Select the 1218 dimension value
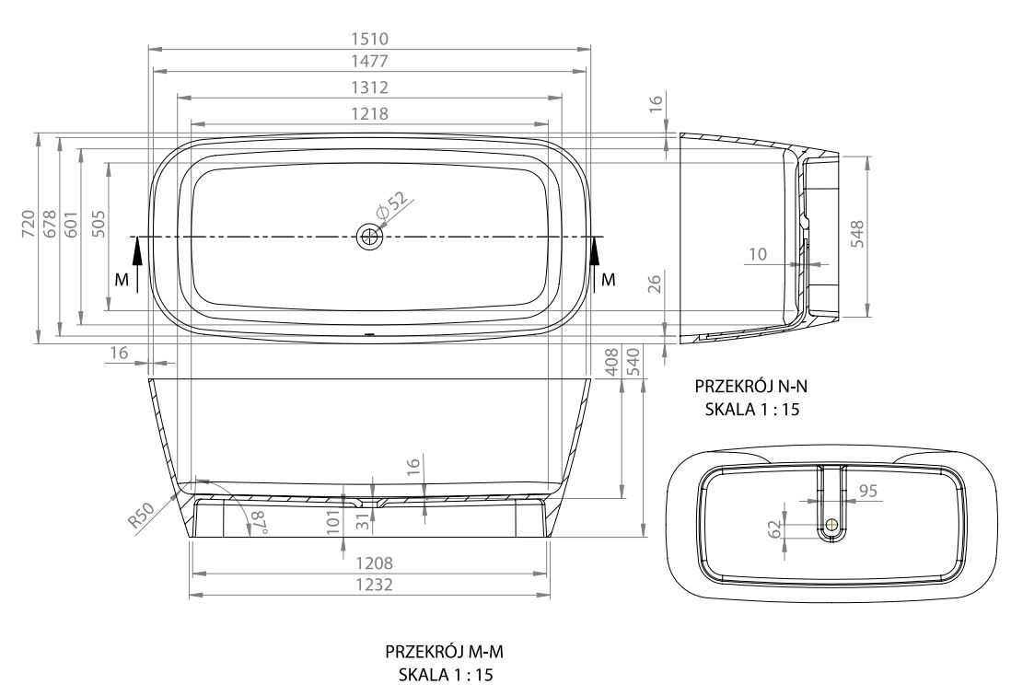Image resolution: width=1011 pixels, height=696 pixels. coord(370,113)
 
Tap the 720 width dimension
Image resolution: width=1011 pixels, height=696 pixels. coord(28,224)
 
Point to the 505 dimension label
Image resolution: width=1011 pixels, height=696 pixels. coord(98,224)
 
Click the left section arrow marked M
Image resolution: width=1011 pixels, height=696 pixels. coord(137,263)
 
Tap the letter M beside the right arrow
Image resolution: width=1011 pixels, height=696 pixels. coord(608,279)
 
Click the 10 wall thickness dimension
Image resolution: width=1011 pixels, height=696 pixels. coord(757,254)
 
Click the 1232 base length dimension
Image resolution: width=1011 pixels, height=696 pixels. coord(370,585)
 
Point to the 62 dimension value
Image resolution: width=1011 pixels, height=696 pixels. coord(774,528)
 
